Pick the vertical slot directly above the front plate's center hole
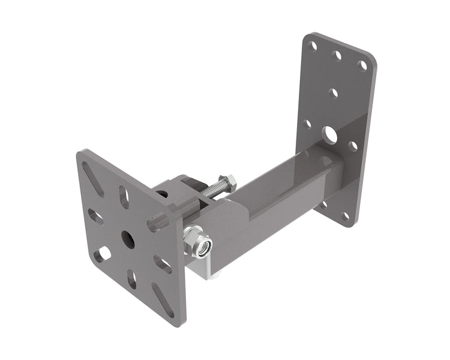click(124, 197)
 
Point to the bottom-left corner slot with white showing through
click(103, 254)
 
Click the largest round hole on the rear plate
click(329, 134)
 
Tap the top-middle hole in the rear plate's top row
click(337, 55)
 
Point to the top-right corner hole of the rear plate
click(362, 65)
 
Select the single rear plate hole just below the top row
click(334, 93)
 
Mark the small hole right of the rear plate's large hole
click(353, 146)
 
